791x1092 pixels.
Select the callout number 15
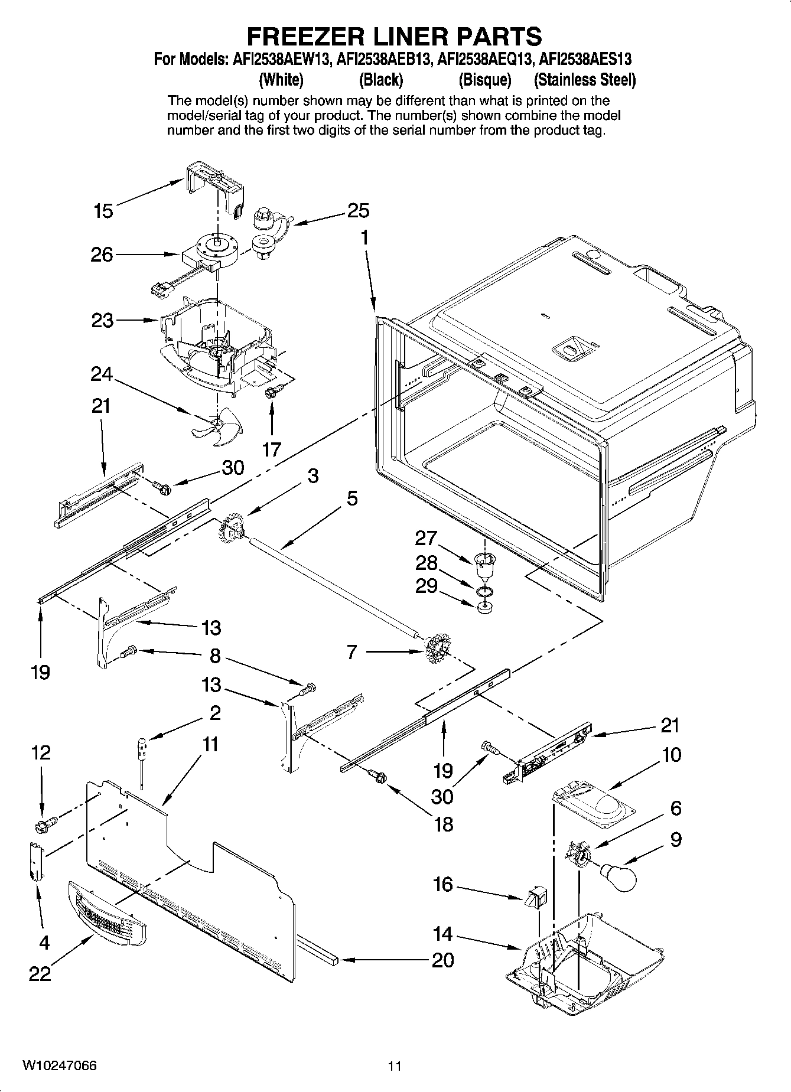[x=103, y=211]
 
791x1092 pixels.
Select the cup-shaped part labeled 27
[x=485, y=566]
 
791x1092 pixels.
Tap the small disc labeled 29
[x=484, y=608]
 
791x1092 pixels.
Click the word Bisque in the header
[x=484, y=80]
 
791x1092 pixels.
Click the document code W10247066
[x=60, y=1066]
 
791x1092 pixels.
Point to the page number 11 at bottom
[x=395, y=1067]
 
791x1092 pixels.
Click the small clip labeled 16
[x=536, y=898]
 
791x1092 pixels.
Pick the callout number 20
[x=442, y=960]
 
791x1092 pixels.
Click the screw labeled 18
[x=376, y=777]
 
